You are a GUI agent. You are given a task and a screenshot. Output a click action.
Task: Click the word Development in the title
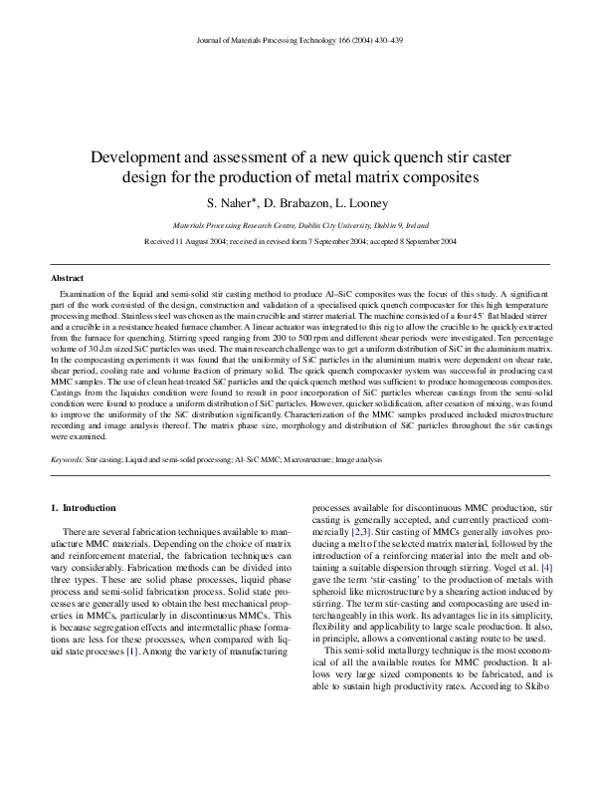137,157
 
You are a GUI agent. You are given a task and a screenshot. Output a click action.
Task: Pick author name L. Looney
362,201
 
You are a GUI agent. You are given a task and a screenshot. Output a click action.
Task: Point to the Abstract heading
68,277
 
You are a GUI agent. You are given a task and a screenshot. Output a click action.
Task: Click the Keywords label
68,459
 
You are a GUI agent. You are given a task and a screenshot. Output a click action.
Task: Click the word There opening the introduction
76,534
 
